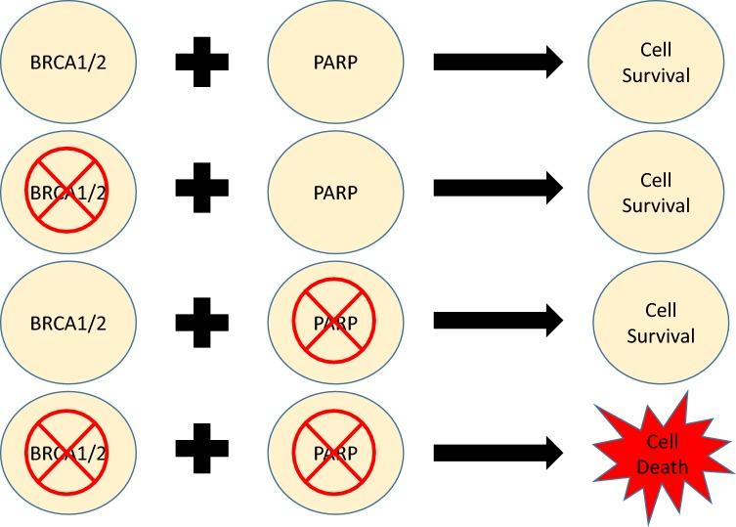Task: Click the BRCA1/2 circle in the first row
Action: coord(68,63)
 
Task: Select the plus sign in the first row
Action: coord(202,63)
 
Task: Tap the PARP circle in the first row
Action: coord(334,63)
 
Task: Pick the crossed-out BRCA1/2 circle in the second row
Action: coord(68,193)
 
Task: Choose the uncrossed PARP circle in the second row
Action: coord(334,193)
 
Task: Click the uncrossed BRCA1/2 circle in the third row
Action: coord(68,323)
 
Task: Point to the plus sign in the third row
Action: coord(202,322)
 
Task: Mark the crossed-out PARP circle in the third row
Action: coord(334,323)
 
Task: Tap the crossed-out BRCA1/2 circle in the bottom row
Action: coord(68,453)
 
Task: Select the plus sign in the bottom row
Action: coord(202,452)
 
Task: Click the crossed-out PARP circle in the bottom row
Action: coord(334,453)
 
